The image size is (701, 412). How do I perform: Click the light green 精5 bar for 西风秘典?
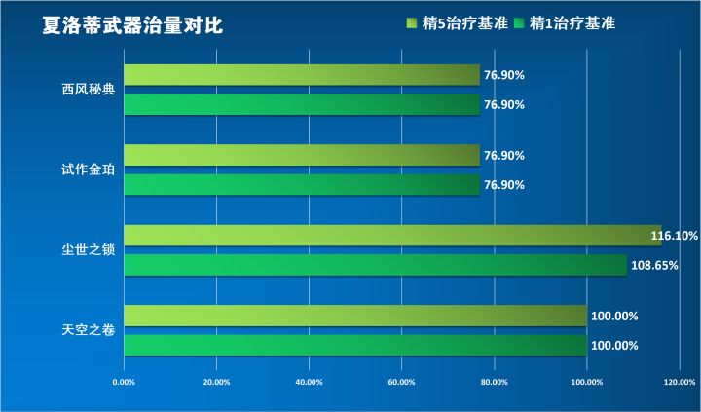302,75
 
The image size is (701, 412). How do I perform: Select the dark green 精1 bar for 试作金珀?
302,185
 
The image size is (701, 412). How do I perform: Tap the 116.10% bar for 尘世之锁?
389,236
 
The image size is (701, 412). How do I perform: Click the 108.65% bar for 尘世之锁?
375,265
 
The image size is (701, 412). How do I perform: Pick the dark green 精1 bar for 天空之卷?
355,346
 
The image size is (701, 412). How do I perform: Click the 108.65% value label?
654,265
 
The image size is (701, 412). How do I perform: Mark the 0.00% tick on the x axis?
124,381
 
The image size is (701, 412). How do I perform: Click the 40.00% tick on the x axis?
309,381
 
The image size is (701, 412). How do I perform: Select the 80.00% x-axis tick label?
494,381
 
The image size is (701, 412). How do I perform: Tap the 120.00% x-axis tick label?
679,381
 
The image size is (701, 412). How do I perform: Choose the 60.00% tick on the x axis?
401,381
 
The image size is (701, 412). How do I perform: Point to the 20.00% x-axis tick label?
216,381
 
